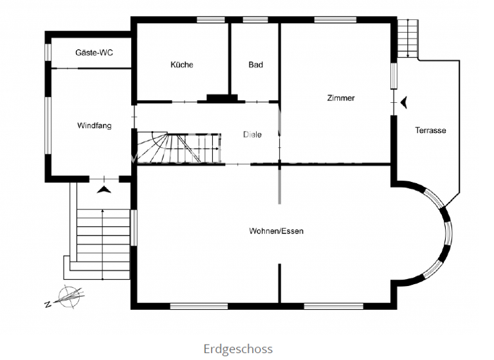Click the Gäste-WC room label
(x=94, y=53)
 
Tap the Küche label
(x=181, y=64)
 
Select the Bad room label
(x=255, y=64)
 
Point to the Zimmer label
(x=340, y=98)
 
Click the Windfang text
(x=94, y=125)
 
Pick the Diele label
(x=252, y=135)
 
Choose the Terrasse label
(x=430, y=130)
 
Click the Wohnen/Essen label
(x=276, y=231)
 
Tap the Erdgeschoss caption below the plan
(x=238, y=349)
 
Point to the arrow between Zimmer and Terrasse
(x=404, y=102)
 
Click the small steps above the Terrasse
(x=407, y=39)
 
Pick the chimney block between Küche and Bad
(x=222, y=98)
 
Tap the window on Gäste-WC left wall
(x=47, y=52)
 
